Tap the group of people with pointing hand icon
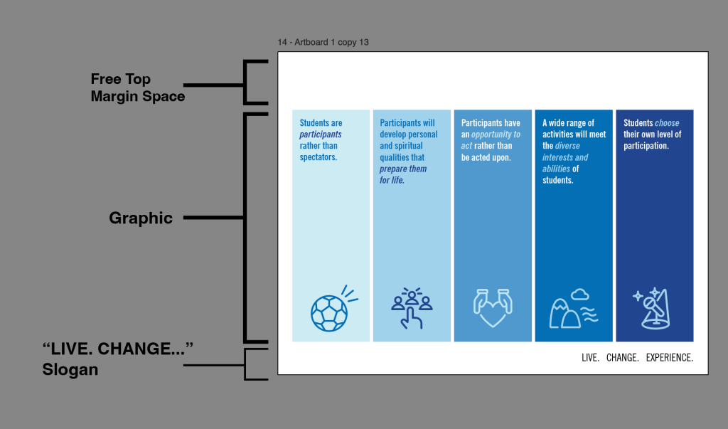pos(412,307)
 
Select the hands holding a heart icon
pos(493,308)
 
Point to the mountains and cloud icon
pos(574,309)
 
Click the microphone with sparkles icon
pos(651,309)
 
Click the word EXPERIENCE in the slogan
pos(670,357)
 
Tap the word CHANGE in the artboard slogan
pos(623,357)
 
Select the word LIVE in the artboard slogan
pos(590,357)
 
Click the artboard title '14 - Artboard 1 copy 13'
pos(323,42)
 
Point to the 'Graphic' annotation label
pos(141,218)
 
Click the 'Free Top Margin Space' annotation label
pos(138,88)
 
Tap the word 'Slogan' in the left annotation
pos(70,369)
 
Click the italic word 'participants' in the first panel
pos(321,134)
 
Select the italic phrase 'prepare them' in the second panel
pos(403,169)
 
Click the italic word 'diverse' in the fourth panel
pos(567,145)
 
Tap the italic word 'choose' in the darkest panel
pos(667,122)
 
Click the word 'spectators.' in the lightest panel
pos(318,157)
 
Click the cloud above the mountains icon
pos(580,295)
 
